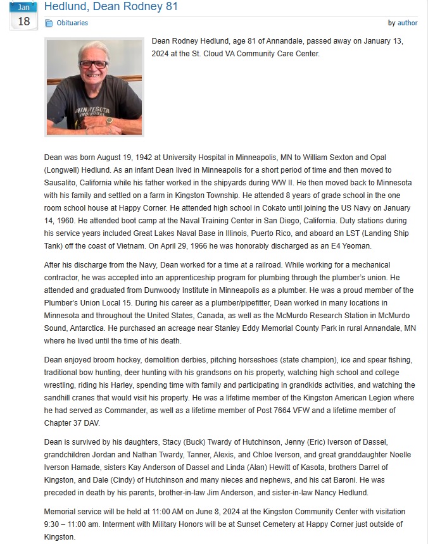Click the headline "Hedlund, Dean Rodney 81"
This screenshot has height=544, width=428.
click(x=111, y=7)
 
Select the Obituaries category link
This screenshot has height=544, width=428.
click(x=72, y=23)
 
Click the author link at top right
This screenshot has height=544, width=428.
click(x=407, y=23)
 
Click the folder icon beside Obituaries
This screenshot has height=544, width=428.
click(x=49, y=23)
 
